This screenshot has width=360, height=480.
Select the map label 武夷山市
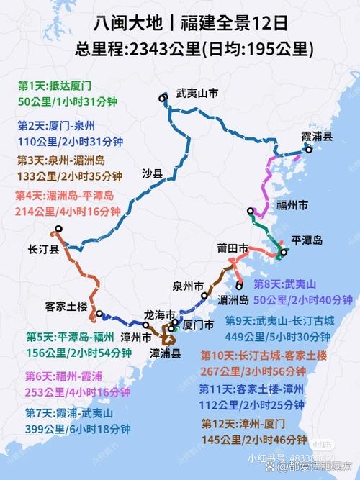[x=197, y=93]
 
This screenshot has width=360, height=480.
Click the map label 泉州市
[x=188, y=284]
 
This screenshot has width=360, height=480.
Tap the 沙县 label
[x=153, y=173]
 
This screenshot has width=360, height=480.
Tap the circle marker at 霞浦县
[x=308, y=149]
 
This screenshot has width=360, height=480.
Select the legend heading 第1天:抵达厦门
[x=48, y=85]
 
